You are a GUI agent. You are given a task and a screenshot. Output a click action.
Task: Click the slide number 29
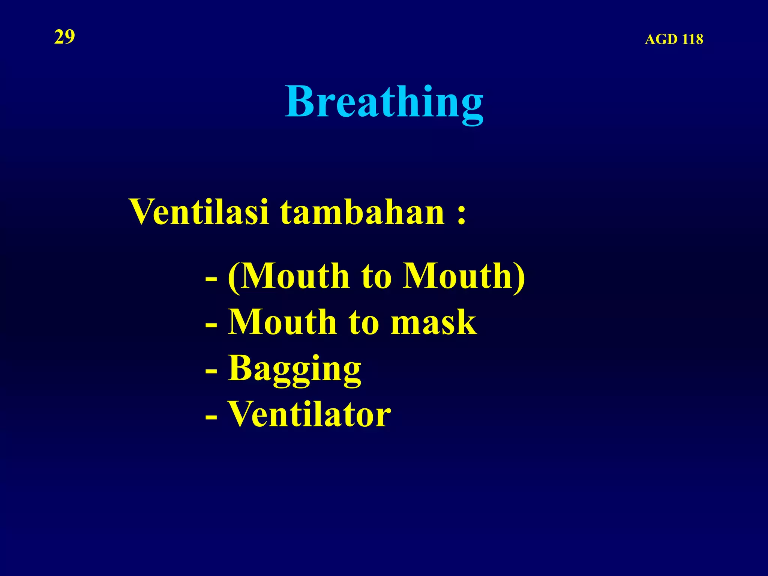pos(64,37)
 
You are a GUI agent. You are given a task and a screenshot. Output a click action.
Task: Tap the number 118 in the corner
pos(692,39)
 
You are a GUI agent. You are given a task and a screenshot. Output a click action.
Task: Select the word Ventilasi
pos(199,211)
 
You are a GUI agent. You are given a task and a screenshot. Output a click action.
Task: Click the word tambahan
pos(362,211)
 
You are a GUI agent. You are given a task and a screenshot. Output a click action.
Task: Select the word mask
pos(433,322)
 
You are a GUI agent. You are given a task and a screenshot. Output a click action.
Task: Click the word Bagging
pos(295,369)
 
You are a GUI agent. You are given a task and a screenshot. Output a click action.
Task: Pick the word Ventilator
pos(309,414)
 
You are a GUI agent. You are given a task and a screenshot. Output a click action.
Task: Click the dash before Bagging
pos(211,372)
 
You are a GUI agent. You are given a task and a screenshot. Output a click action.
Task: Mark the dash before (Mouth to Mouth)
pos(211,279)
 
